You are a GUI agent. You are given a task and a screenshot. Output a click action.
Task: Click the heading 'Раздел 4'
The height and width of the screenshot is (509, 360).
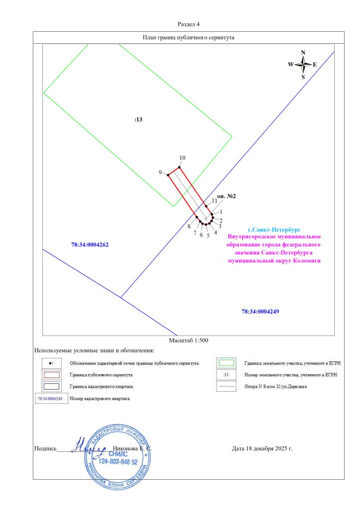tap(188, 24)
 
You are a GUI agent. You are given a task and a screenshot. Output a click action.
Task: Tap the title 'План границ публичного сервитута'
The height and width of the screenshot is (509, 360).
tap(188, 37)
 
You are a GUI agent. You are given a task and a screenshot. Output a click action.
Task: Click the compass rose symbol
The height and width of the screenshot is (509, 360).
tap(303, 65)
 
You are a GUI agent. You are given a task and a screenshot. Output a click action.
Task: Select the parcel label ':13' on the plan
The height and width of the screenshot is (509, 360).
tap(138, 120)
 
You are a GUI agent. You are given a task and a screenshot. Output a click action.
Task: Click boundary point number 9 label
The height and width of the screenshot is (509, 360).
tap(161, 172)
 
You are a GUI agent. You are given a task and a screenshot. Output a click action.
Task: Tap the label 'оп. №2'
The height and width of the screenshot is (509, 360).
tap(226, 196)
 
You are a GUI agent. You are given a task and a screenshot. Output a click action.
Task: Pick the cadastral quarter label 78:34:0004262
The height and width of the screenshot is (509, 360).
tap(90, 245)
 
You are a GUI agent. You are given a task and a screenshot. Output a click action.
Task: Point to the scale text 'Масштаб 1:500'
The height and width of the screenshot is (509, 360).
tap(188, 340)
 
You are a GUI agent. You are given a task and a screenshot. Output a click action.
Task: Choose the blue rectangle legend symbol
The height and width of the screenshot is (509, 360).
tap(52, 386)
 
